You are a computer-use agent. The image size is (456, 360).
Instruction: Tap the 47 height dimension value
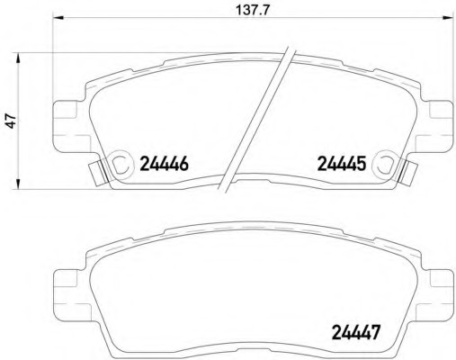pyautogui.click(x=12, y=121)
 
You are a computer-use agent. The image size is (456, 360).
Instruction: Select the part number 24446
pyautogui.click(x=165, y=164)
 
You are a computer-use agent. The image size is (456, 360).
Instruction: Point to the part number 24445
pyautogui.click(x=342, y=164)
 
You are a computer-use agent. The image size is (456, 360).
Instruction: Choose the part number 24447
pyautogui.click(x=357, y=332)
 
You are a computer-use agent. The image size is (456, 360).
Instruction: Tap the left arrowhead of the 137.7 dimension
pyautogui.click(x=58, y=17)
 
